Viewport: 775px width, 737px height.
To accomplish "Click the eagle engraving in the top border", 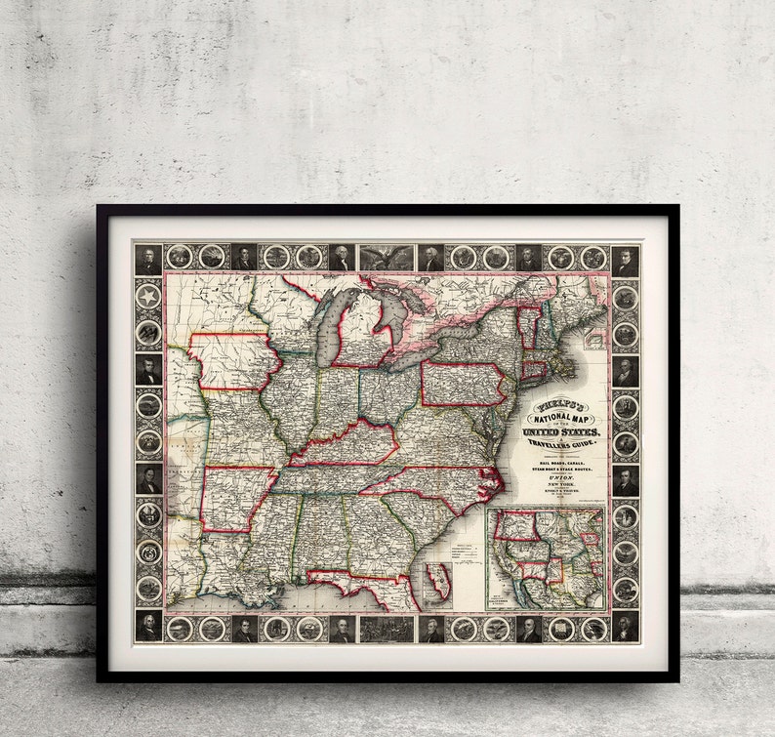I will click(387, 257).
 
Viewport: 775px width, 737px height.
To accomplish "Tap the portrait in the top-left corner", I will click(148, 259).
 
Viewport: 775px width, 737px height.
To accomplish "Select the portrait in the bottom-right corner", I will click(625, 627).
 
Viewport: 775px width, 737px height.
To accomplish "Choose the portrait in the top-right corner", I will click(625, 260).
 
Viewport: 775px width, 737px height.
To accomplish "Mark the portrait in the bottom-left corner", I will click(148, 627).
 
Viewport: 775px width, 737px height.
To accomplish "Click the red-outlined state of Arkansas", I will click(234, 498).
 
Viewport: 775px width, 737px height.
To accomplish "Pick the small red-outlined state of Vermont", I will click(527, 326).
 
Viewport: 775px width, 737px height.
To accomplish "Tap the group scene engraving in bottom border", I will click(387, 628).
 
